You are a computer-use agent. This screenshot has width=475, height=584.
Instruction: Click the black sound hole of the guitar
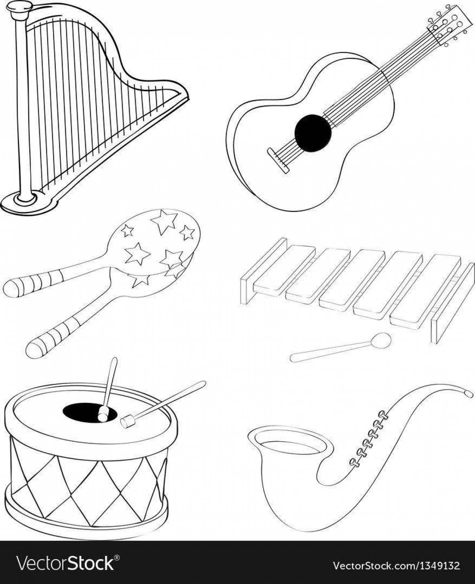(313, 133)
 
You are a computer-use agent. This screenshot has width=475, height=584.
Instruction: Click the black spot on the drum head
(89, 412)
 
